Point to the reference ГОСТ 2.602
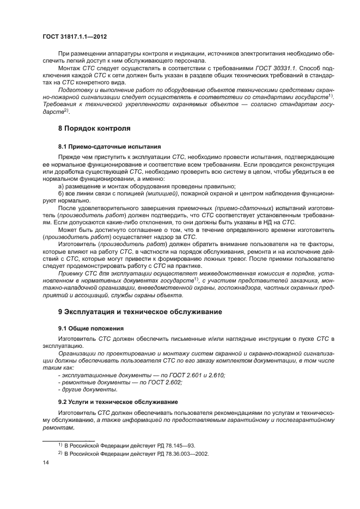(165, 383)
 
